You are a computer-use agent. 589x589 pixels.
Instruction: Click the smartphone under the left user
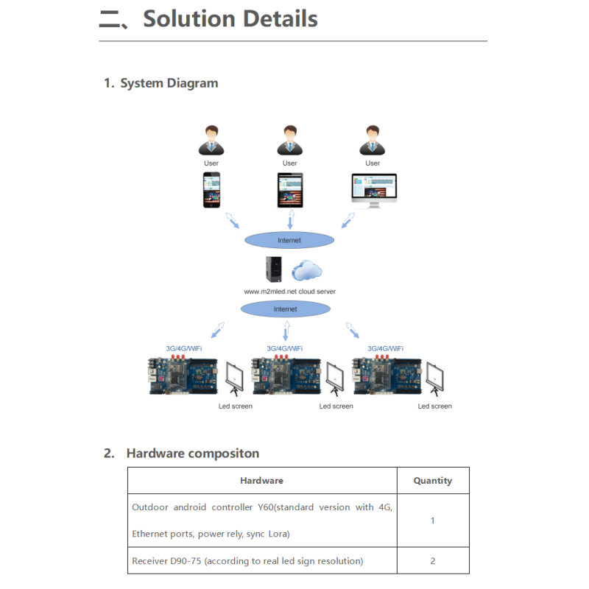click(x=211, y=190)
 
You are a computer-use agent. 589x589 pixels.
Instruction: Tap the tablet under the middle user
click(x=290, y=190)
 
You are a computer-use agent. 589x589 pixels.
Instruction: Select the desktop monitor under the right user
click(x=374, y=190)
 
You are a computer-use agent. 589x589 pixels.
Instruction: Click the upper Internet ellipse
click(x=289, y=240)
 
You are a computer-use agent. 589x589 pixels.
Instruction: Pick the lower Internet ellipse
click(x=286, y=308)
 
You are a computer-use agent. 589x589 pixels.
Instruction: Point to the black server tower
click(x=273, y=269)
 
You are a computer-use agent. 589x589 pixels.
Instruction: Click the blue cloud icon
click(x=307, y=270)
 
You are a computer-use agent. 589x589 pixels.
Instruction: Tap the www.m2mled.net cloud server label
click(x=289, y=292)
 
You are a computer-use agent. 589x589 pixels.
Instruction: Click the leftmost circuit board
click(x=183, y=375)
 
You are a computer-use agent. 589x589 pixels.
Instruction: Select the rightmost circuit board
click(x=387, y=375)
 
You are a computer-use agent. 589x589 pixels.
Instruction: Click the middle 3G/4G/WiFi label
click(x=285, y=348)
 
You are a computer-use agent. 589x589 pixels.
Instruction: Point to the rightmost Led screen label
click(x=434, y=406)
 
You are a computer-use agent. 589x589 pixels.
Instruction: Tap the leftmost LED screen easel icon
click(x=234, y=378)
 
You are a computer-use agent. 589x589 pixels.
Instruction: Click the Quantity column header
click(x=433, y=481)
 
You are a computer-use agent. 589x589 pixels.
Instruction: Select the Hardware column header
click(x=262, y=481)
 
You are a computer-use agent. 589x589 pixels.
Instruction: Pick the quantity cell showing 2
click(x=433, y=561)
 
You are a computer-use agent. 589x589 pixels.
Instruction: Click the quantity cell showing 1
click(x=433, y=521)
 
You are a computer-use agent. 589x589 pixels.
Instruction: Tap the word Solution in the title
click(x=189, y=19)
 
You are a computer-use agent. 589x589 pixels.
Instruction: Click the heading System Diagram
click(x=169, y=83)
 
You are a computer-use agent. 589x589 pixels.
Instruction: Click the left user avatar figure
click(x=211, y=140)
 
